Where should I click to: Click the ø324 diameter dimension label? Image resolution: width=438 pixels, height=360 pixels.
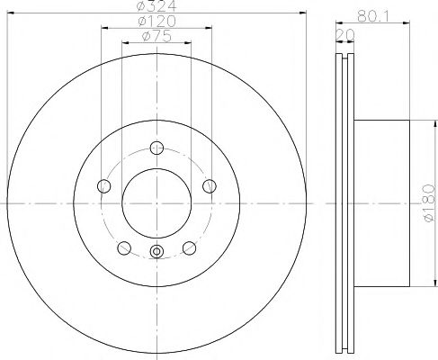point(156,7)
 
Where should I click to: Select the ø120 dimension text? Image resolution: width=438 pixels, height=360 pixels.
point(156,22)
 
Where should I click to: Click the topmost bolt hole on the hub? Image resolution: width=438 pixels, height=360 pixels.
point(156,148)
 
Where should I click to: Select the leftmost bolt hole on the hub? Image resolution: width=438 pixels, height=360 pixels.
point(103,186)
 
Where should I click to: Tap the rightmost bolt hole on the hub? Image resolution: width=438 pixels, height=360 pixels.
point(210,186)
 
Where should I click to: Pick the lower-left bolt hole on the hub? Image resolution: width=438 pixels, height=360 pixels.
point(123,248)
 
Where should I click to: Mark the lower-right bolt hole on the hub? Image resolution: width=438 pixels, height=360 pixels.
point(190,248)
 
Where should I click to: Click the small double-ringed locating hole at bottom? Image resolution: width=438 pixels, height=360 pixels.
point(156,252)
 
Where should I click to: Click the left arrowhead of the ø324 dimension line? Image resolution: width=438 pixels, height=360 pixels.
point(10,13)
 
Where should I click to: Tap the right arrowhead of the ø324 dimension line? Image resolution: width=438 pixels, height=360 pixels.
point(305,13)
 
